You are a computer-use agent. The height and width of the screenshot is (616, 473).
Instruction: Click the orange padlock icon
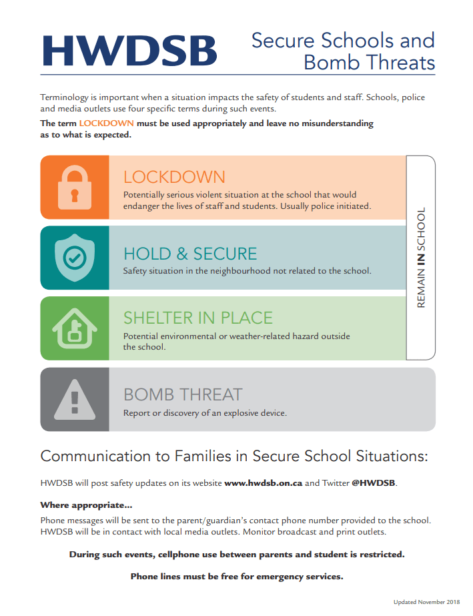(x=74, y=187)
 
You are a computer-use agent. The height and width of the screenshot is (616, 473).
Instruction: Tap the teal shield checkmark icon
(x=74, y=258)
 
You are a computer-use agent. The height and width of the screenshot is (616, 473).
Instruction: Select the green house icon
(x=74, y=328)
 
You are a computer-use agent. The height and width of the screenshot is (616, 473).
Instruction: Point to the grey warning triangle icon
(x=74, y=399)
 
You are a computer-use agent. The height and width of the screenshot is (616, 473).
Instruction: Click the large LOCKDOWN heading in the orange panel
(x=174, y=177)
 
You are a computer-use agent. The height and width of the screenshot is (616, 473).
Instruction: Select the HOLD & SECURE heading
(x=189, y=254)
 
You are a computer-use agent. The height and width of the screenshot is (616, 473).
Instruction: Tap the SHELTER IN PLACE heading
(x=198, y=318)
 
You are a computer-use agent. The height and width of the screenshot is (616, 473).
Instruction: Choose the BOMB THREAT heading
(x=182, y=394)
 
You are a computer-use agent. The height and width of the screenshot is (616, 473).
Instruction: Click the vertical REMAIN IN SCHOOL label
(x=421, y=258)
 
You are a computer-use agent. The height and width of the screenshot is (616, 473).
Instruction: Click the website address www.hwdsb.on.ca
(x=263, y=483)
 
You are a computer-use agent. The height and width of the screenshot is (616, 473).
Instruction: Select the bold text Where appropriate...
(x=86, y=505)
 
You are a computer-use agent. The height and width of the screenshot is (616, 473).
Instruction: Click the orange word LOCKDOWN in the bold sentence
(x=106, y=123)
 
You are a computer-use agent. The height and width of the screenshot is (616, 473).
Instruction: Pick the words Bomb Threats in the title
(x=369, y=63)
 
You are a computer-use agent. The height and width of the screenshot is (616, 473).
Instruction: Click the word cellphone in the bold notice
(x=175, y=555)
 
